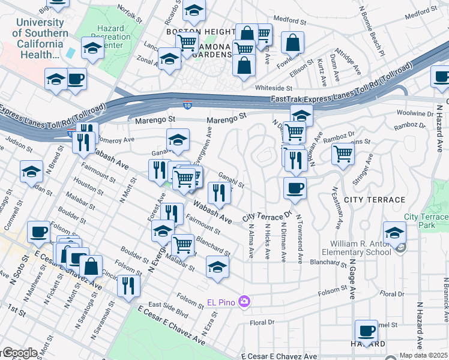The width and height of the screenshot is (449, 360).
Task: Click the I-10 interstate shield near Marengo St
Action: click(x=187, y=106)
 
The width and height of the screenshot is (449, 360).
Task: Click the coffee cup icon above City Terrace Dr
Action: click(x=295, y=188)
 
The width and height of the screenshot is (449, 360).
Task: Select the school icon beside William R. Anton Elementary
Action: click(x=394, y=232)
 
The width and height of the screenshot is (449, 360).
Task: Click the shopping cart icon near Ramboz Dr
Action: click(x=343, y=154)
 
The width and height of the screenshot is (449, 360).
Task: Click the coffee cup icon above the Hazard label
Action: click(x=366, y=331)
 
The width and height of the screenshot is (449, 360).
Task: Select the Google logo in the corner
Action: click(x=19, y=353)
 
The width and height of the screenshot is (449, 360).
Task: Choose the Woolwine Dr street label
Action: click(x=415, y=113)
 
